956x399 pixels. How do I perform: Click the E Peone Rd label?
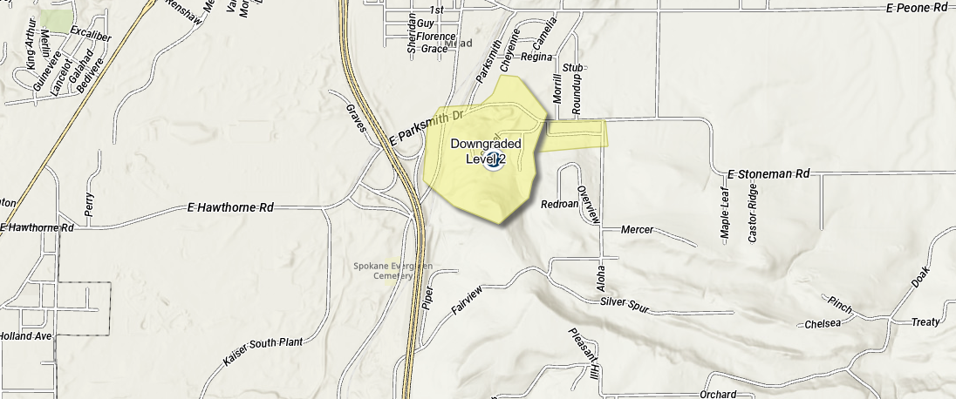coord(916,8)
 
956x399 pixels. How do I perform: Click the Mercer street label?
coord(637,230)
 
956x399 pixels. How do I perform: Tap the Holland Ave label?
coord(27,335)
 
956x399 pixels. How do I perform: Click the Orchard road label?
coord(718,394)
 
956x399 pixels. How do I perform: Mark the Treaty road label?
coord(925,322)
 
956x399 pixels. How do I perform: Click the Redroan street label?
coord(560,205)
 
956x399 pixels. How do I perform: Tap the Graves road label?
coord(354,118)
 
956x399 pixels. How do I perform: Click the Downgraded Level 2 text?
coord(486,151)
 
